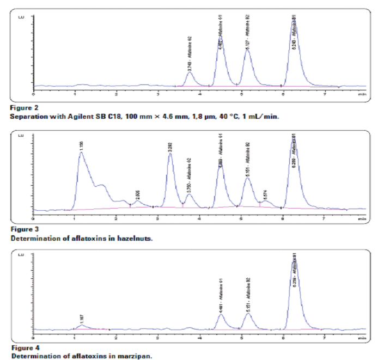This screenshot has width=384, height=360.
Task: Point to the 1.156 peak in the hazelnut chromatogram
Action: click(x=81, y=153)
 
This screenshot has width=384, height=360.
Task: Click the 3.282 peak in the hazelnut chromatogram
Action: click(x=170, y=154)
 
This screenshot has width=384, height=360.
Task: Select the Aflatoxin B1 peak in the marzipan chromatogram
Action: click(x=295, y=261)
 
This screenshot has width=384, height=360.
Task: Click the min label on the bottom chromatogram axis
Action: click(x=362, y=337)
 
